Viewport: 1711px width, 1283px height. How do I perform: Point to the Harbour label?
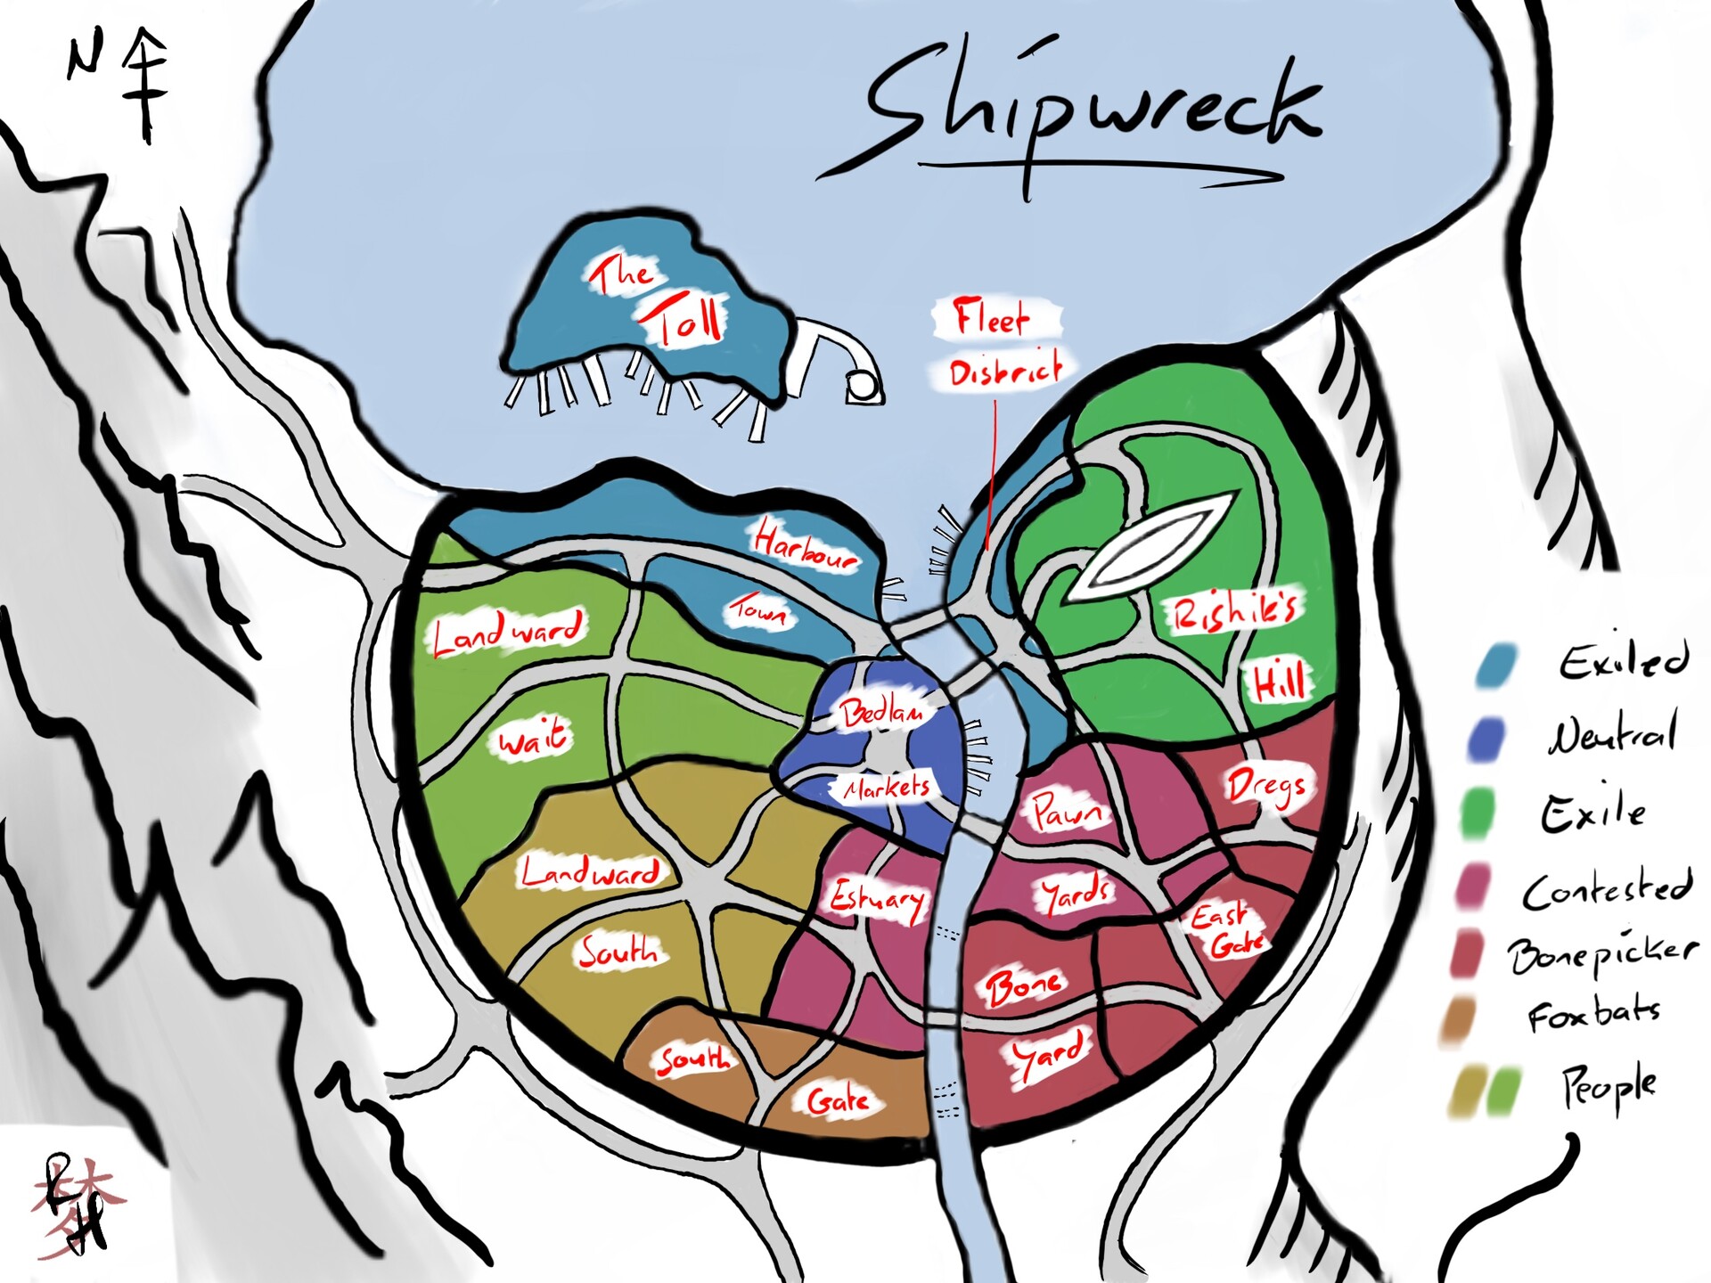click(x=805, y=546)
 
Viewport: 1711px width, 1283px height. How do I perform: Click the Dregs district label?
click(x=1267, y=786)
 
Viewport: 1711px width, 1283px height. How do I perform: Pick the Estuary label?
click(x=878, y=900)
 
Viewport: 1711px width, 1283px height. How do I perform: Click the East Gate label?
click(x=1228, y=929)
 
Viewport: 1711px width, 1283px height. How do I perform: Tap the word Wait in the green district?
click(x=533, y=736)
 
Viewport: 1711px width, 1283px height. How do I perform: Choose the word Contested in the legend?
click(x=1606, y=889)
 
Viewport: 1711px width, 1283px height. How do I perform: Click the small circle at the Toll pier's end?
click(x=860, y=385)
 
